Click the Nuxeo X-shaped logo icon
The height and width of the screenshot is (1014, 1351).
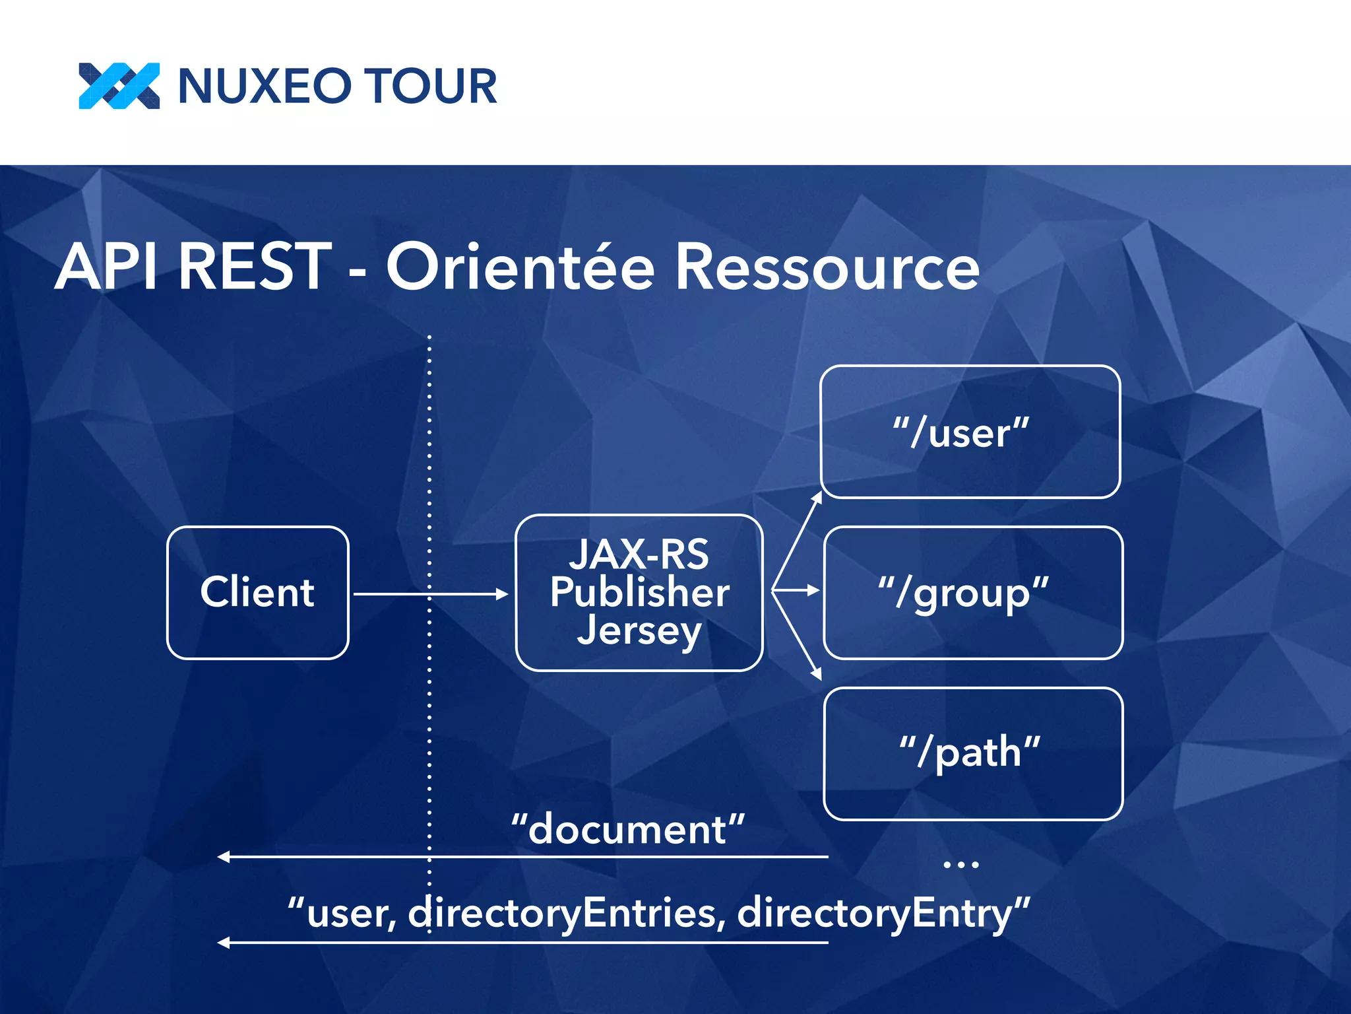[119, 86]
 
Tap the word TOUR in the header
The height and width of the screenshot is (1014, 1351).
[431, 86]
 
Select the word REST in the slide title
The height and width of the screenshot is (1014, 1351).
[255, 267]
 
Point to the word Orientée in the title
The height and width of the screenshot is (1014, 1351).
[520, 267]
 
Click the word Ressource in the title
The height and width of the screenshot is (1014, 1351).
[828, 268]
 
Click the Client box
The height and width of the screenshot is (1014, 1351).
[257, 592]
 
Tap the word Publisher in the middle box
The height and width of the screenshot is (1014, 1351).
[639, 591]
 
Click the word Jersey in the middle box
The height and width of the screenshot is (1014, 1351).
[639, 631]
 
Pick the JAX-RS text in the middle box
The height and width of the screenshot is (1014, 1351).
[639, 555]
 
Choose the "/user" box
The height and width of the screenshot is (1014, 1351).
[970, 432]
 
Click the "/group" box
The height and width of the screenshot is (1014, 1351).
[973, 592]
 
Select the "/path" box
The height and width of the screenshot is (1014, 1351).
[973, 753]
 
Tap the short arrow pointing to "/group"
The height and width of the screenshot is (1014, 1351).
[797, 590]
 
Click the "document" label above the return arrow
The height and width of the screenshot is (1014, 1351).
[628, 829]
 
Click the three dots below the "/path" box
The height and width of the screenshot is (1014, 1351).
[960, 864]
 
